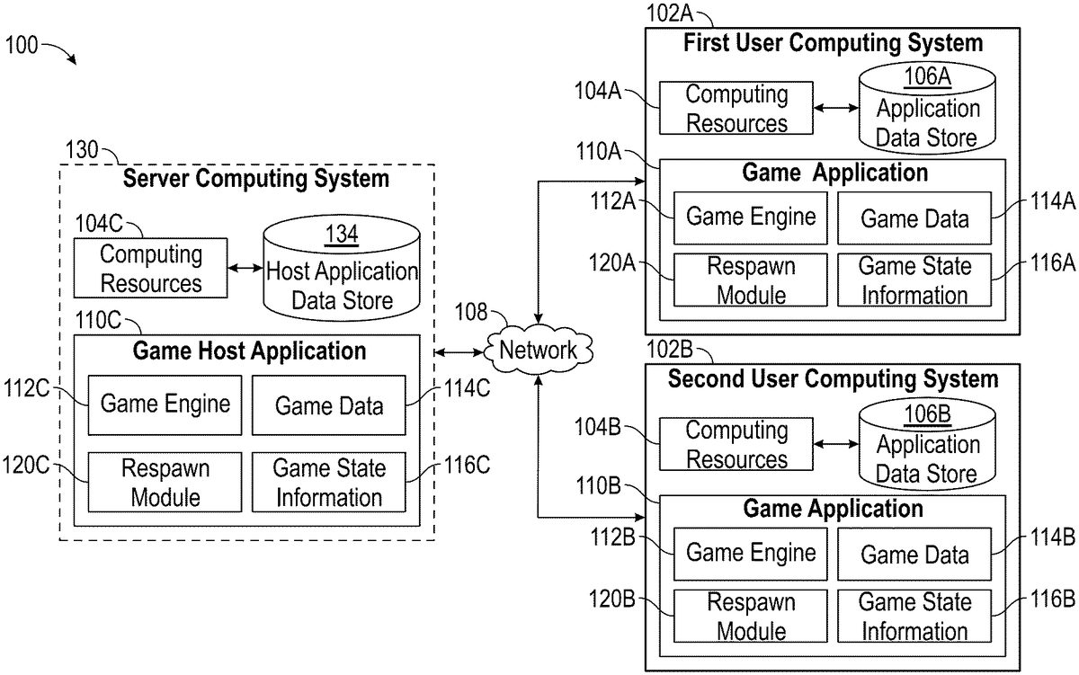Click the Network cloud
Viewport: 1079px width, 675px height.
[538, 350]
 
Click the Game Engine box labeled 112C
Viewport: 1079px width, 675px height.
[165, 404]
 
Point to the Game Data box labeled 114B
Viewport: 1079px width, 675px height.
[914, 555]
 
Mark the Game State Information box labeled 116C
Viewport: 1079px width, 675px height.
[329, 482]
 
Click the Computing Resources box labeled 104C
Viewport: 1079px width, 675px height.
[151, 269]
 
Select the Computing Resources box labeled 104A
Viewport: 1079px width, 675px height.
[736, 108]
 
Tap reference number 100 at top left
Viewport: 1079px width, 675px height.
[22, 45]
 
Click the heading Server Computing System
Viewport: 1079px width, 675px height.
[256, 179]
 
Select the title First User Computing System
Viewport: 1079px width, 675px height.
[834, 42]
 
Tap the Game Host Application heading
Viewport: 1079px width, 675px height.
[250, 350]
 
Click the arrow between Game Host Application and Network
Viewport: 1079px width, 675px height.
[458, 350]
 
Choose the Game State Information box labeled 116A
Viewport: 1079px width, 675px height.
[914, 280]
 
